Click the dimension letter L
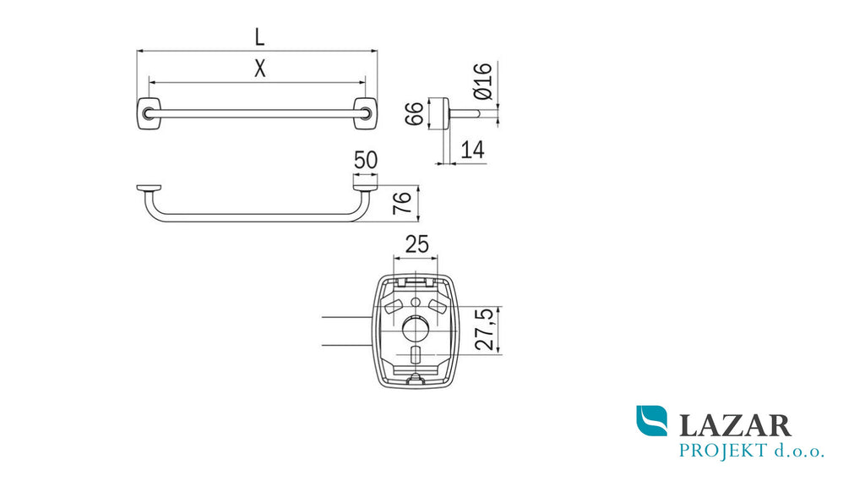coord(259,37)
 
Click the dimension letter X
coord(260,68)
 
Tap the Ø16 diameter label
coord(482,80)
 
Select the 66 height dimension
coord(415,113)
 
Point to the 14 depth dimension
coord(473,150)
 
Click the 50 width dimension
coord(366,160)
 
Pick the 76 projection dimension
coord(402,203)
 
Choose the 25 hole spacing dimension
coord(416,244)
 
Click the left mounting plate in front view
coord(149,114)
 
